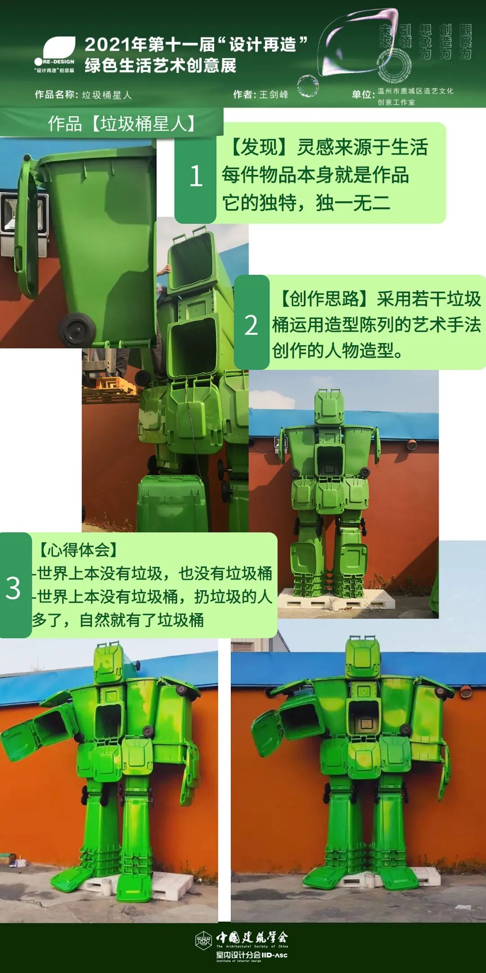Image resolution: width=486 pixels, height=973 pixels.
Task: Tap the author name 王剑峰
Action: [274, 95]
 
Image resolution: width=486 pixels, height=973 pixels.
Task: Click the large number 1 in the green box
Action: [195, 176]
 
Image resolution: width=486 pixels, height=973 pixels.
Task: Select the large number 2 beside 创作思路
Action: [251, 325]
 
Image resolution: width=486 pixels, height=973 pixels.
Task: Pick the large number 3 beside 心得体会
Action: [13, 588]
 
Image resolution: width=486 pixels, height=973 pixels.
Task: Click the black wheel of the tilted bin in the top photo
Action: [76, 329]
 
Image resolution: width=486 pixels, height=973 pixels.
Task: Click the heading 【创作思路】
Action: [324, 299]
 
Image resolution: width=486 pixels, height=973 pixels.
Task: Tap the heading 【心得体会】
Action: [78, 550]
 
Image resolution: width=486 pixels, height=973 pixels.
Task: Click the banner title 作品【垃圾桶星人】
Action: [121, 123]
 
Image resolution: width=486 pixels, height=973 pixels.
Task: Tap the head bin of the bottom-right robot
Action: [363, 658]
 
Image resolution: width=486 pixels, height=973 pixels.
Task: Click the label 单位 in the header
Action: [363, 95]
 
